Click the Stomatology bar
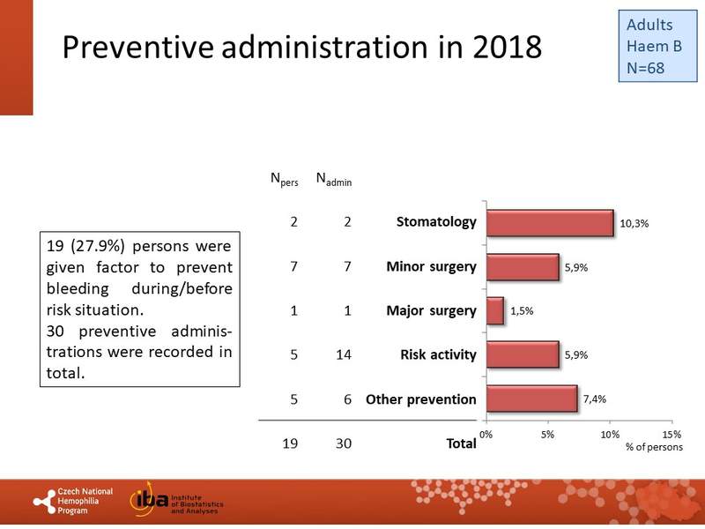549,223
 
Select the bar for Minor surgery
522,267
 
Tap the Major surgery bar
494,311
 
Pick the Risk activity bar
522,354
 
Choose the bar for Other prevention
531,399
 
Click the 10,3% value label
634,224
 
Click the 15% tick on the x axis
672,435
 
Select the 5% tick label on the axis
547,435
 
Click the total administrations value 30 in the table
345,443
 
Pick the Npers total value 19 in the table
290,443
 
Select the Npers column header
284,181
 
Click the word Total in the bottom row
461,443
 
